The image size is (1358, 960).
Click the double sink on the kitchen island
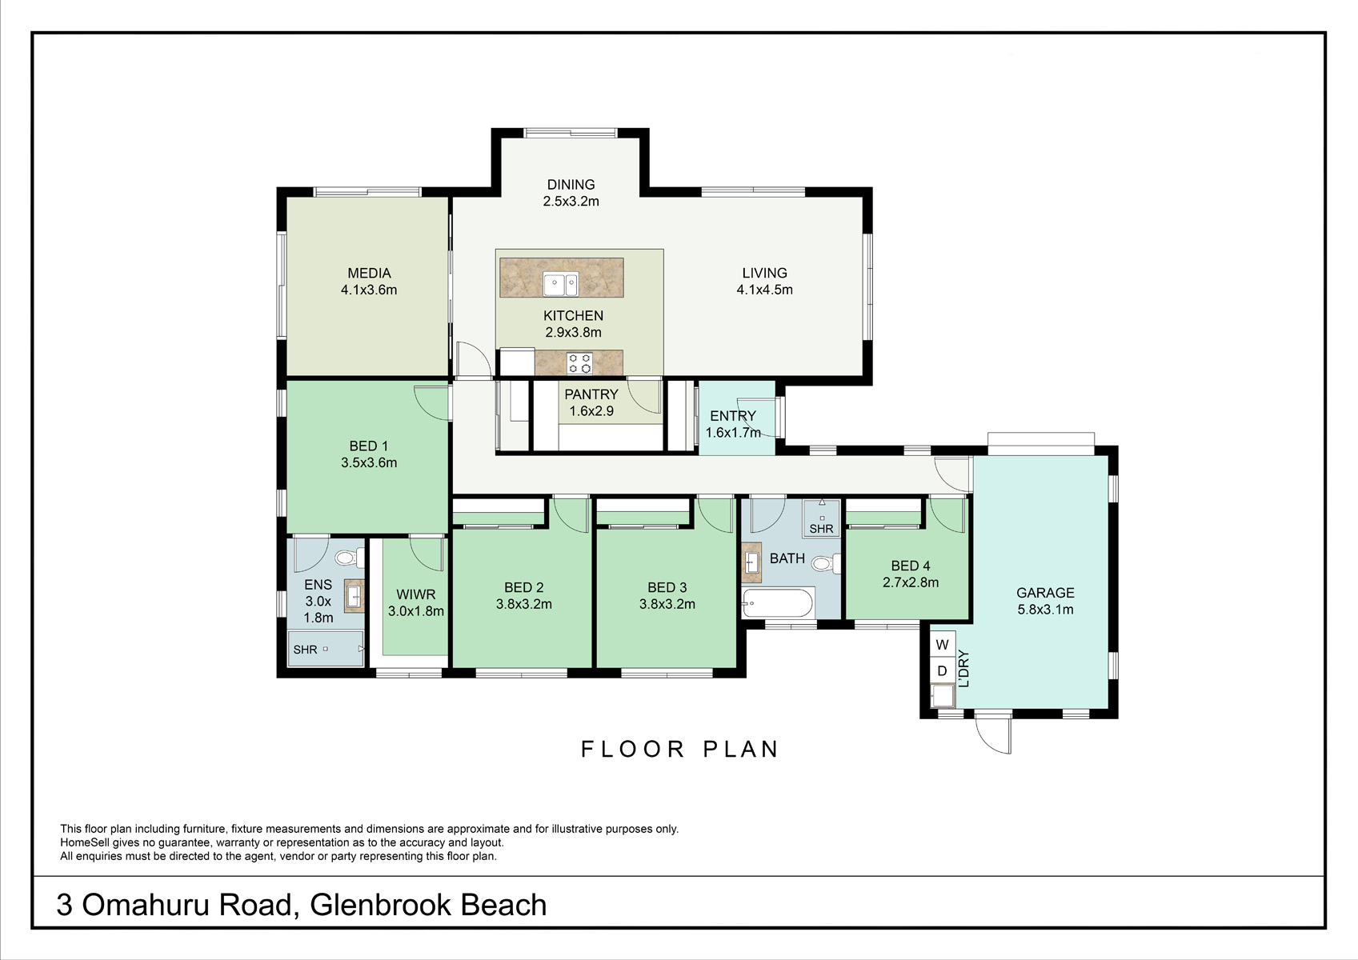[x=560, y=284]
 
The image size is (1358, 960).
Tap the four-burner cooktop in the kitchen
[x=579, y=363]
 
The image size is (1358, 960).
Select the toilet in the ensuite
[x=350, y=558]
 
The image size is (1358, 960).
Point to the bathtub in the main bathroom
[x=779, y=603]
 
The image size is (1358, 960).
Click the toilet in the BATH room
[x=826, y=564]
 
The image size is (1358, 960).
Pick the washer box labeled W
[x=942, y=644]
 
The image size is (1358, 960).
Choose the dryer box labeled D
[x=942, y=671]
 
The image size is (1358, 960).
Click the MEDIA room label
[x=369, y=274]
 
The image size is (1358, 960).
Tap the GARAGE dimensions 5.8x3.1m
[x=1045, y=610]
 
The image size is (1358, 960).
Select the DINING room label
[x=571, y=184]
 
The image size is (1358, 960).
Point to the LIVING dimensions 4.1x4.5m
[x=764, y=290]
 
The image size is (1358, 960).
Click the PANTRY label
[x=591, y=394]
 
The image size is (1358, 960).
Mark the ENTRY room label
[x=733, y=416]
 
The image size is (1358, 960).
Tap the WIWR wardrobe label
[x=416, y=594]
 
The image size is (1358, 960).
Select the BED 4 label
[x=911, y=566]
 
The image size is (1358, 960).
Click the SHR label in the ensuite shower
[x=305, y=650]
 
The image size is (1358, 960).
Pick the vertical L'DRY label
[x=964, y=669]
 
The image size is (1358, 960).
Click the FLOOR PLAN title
[x=679, y=749]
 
